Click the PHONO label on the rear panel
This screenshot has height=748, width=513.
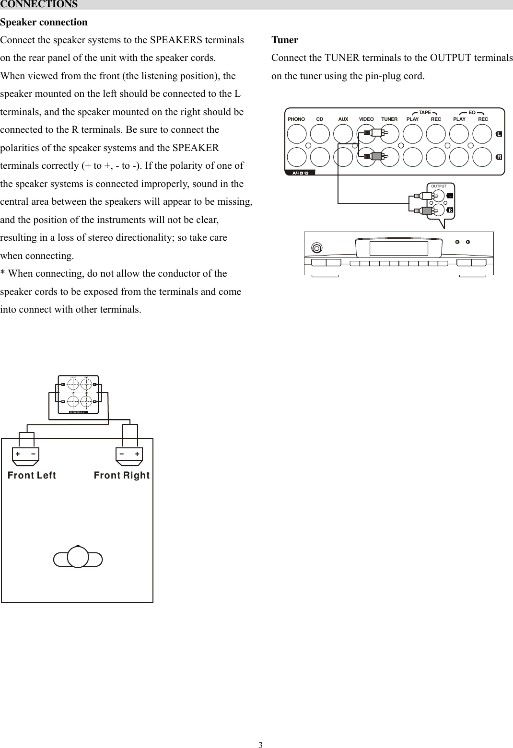pos(296,119)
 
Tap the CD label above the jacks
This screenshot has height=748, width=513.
pos(319,119)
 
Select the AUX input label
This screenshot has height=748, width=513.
pos(343,119)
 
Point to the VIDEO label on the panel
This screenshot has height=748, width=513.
pos(366,119)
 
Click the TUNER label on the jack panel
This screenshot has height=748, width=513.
pos(389,119)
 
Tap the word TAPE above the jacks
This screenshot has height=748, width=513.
pos(425,113)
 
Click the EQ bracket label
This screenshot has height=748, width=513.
pos(472,113)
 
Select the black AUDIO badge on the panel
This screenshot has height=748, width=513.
pos(301,172)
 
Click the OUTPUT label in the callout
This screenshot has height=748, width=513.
pos(439,186)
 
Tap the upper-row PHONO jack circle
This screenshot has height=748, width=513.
pos(297,134)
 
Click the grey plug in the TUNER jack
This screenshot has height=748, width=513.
pos(375,155)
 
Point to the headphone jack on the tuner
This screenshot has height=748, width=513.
pos(316,248)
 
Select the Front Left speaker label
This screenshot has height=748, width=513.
pos(32,476)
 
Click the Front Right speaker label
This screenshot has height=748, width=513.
pos(122,476)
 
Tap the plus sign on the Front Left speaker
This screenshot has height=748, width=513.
pos(18,454)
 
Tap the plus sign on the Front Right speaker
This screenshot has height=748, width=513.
pos(137,454)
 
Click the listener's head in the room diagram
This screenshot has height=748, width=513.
pos(78,558)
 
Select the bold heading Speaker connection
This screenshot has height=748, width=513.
pos(44,23)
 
